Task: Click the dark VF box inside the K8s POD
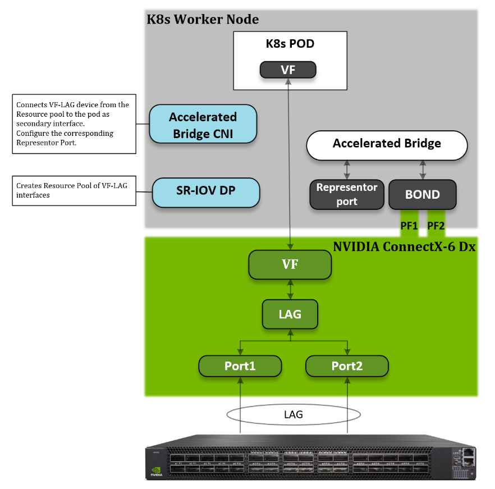[288, 70]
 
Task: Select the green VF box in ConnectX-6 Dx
[290, 264]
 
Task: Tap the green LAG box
[290, 314]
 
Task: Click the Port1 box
[240, 366]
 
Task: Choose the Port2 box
[347, 366]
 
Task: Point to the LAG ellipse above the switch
[293, 414]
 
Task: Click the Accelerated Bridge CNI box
[203, 125]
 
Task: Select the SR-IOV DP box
[206, 192]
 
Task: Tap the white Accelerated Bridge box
[387, 144]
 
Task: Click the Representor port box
[346, 194]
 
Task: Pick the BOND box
[423, 195]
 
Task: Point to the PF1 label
[410, 226]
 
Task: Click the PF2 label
[436, 226]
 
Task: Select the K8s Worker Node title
[203, 19]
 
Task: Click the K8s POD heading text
[290, 44]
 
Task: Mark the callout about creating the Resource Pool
[74, 190]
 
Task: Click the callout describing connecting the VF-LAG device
[74, 124]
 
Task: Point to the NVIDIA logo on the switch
[157, 473]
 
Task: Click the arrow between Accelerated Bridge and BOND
[423, 169]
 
